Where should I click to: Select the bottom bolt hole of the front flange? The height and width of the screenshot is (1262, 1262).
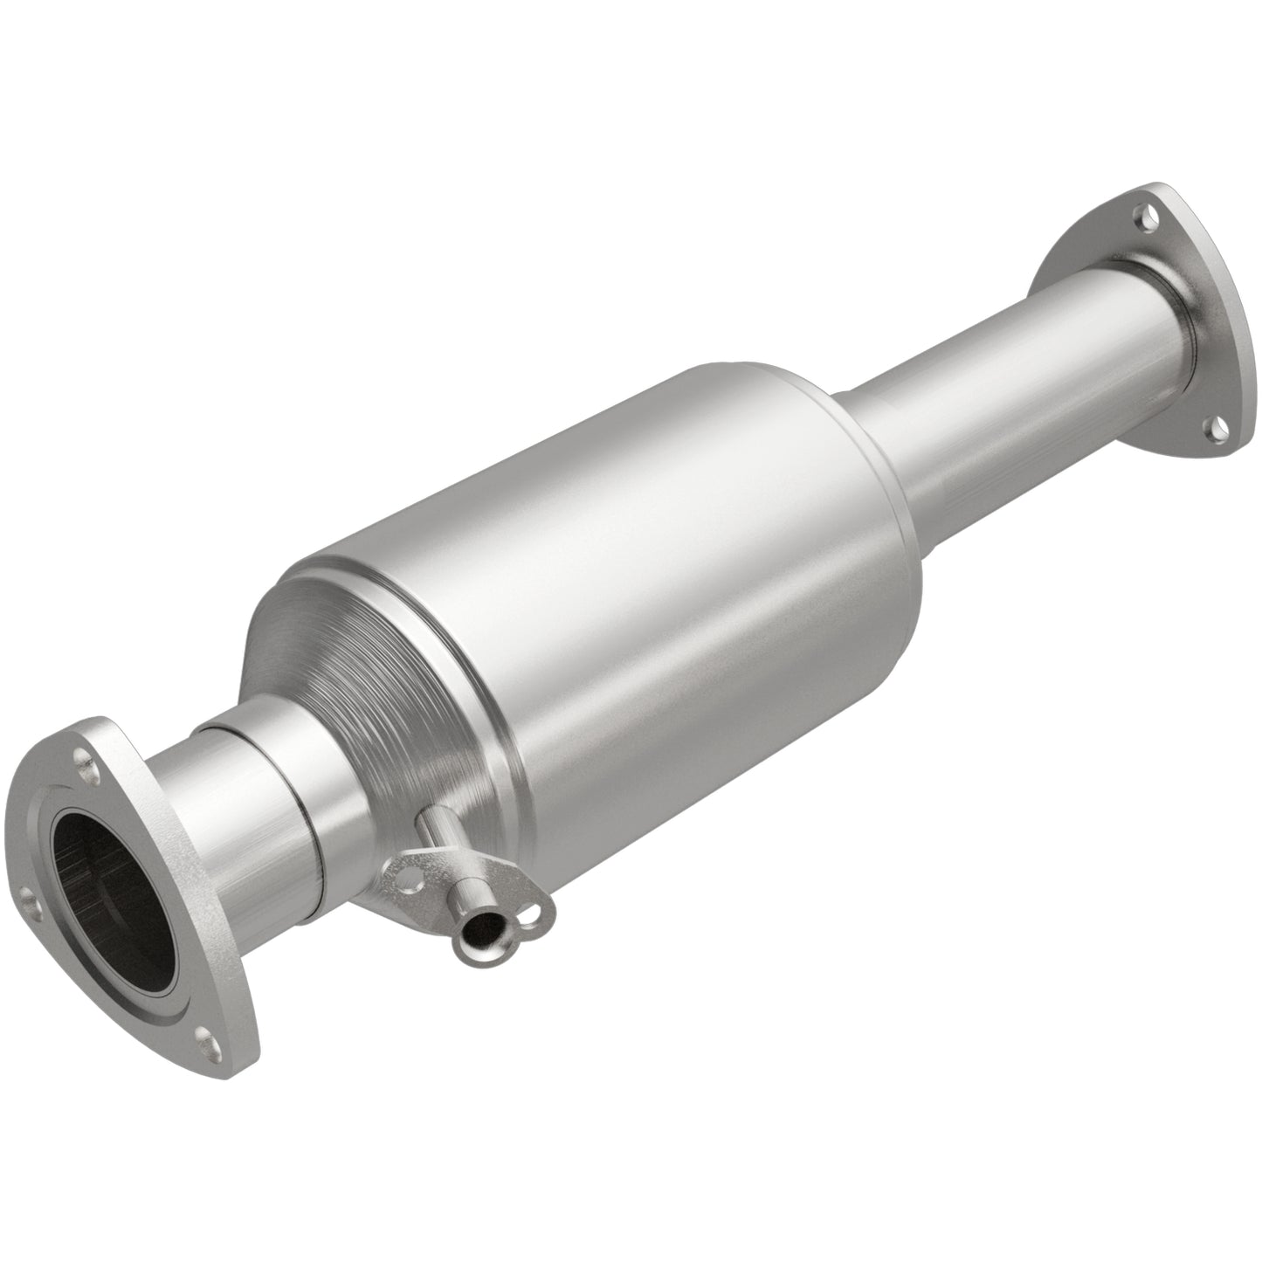[x=206, y=1037]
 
